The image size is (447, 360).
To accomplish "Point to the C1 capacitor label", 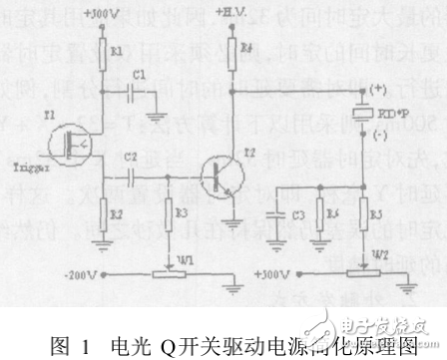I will pyautogui.click(x=140, y=74).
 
